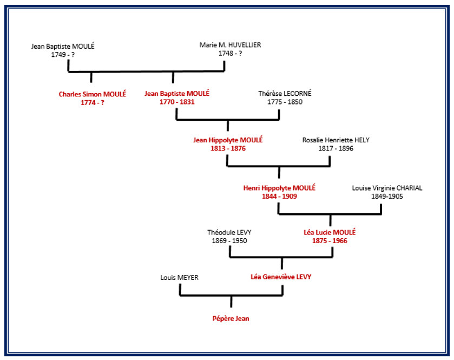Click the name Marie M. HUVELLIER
(x=230, y=45)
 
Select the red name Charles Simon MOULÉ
(x=93, y=94)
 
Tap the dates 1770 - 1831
(x=177, y=102)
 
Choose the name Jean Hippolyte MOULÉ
(x=228, y=140)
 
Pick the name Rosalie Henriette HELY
(x=335, y=140)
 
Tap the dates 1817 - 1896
(x=335, y=148)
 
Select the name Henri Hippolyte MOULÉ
(x=279, y=187)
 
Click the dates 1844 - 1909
(x=279, y=196)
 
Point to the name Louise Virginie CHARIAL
(x=387, y=188)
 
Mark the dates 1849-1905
(x=387, y=197)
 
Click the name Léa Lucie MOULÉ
(x=330, y=232)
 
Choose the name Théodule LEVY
(x=229, y=232)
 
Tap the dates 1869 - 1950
(x=229, y=241)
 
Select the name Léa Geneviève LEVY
(x=281, y=277)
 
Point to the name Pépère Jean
(x=231, y=318)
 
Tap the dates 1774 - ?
(x=93, y=102)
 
